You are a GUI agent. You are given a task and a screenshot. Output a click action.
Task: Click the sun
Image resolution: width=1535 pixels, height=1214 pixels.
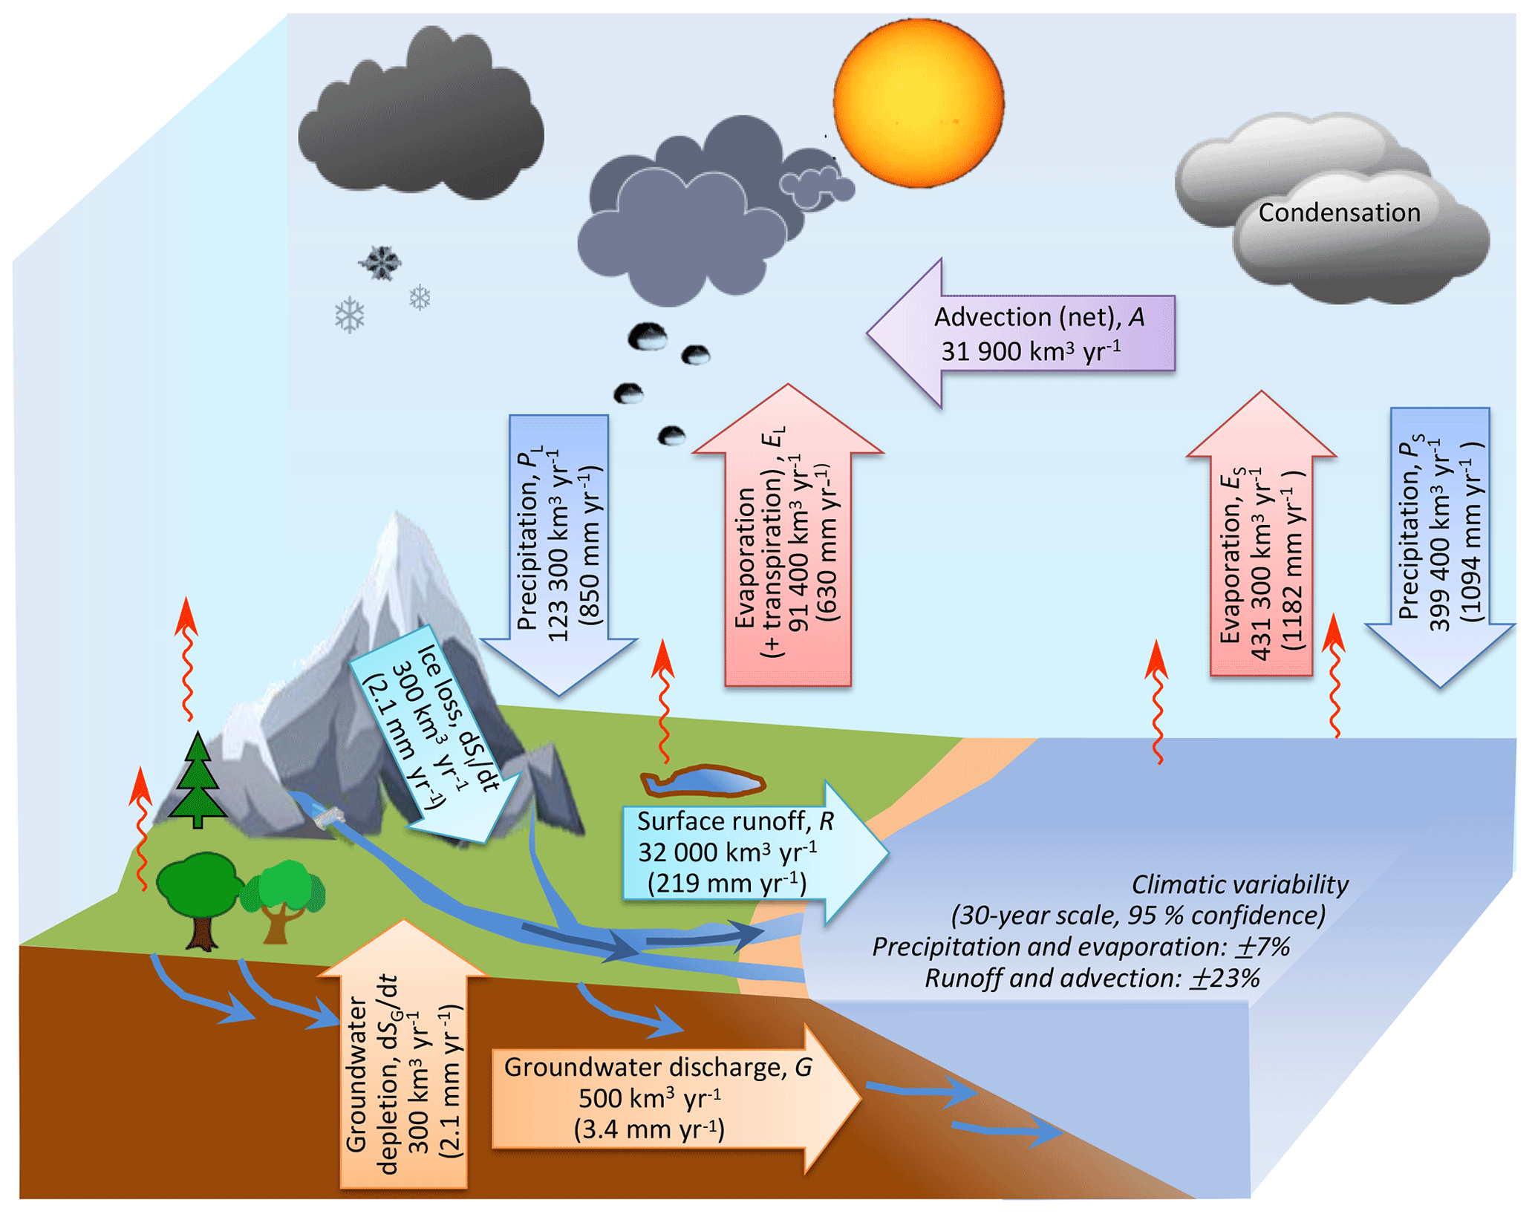pos(918,102)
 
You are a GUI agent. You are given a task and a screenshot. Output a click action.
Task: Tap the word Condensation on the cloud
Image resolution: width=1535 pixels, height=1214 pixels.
pos(1338,213)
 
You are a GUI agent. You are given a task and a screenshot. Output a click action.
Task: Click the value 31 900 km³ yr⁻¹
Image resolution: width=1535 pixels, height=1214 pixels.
pos(1030,350)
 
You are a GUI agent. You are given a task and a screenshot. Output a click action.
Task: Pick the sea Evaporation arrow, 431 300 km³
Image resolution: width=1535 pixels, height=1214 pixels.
pos(1260,549)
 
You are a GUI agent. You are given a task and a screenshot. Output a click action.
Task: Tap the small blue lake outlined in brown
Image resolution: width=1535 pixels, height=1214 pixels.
pos(703,782)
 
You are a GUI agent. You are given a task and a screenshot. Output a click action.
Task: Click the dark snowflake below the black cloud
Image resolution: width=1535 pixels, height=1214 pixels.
pos(381,262)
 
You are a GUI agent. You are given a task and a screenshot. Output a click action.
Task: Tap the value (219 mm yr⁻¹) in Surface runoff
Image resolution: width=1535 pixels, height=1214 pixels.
pos(726,884)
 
